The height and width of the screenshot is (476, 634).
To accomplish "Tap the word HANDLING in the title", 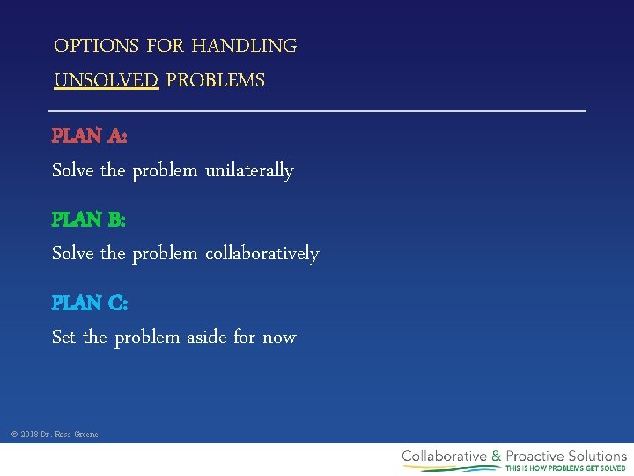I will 244,46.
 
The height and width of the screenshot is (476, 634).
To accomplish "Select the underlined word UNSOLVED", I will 107,81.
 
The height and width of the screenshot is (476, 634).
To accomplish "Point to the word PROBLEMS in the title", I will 216,81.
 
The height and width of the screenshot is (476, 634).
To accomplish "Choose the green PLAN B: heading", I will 89,219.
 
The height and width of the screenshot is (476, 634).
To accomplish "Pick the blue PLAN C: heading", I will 90,303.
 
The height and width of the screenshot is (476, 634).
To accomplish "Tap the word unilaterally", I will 249,171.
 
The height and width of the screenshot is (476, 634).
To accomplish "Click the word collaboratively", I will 262,254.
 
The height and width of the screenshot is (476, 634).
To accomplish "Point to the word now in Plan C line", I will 279,338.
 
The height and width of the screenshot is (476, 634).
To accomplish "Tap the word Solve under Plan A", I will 73,171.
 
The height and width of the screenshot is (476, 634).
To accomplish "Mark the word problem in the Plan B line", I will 165,255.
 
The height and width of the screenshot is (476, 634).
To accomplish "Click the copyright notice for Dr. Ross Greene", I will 55,435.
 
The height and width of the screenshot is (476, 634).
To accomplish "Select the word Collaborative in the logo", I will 445,456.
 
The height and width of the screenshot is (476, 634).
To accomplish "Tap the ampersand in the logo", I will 497,456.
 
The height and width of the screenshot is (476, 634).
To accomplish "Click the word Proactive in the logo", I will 537,456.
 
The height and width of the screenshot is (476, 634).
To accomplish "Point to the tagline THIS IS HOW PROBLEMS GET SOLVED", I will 565,468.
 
